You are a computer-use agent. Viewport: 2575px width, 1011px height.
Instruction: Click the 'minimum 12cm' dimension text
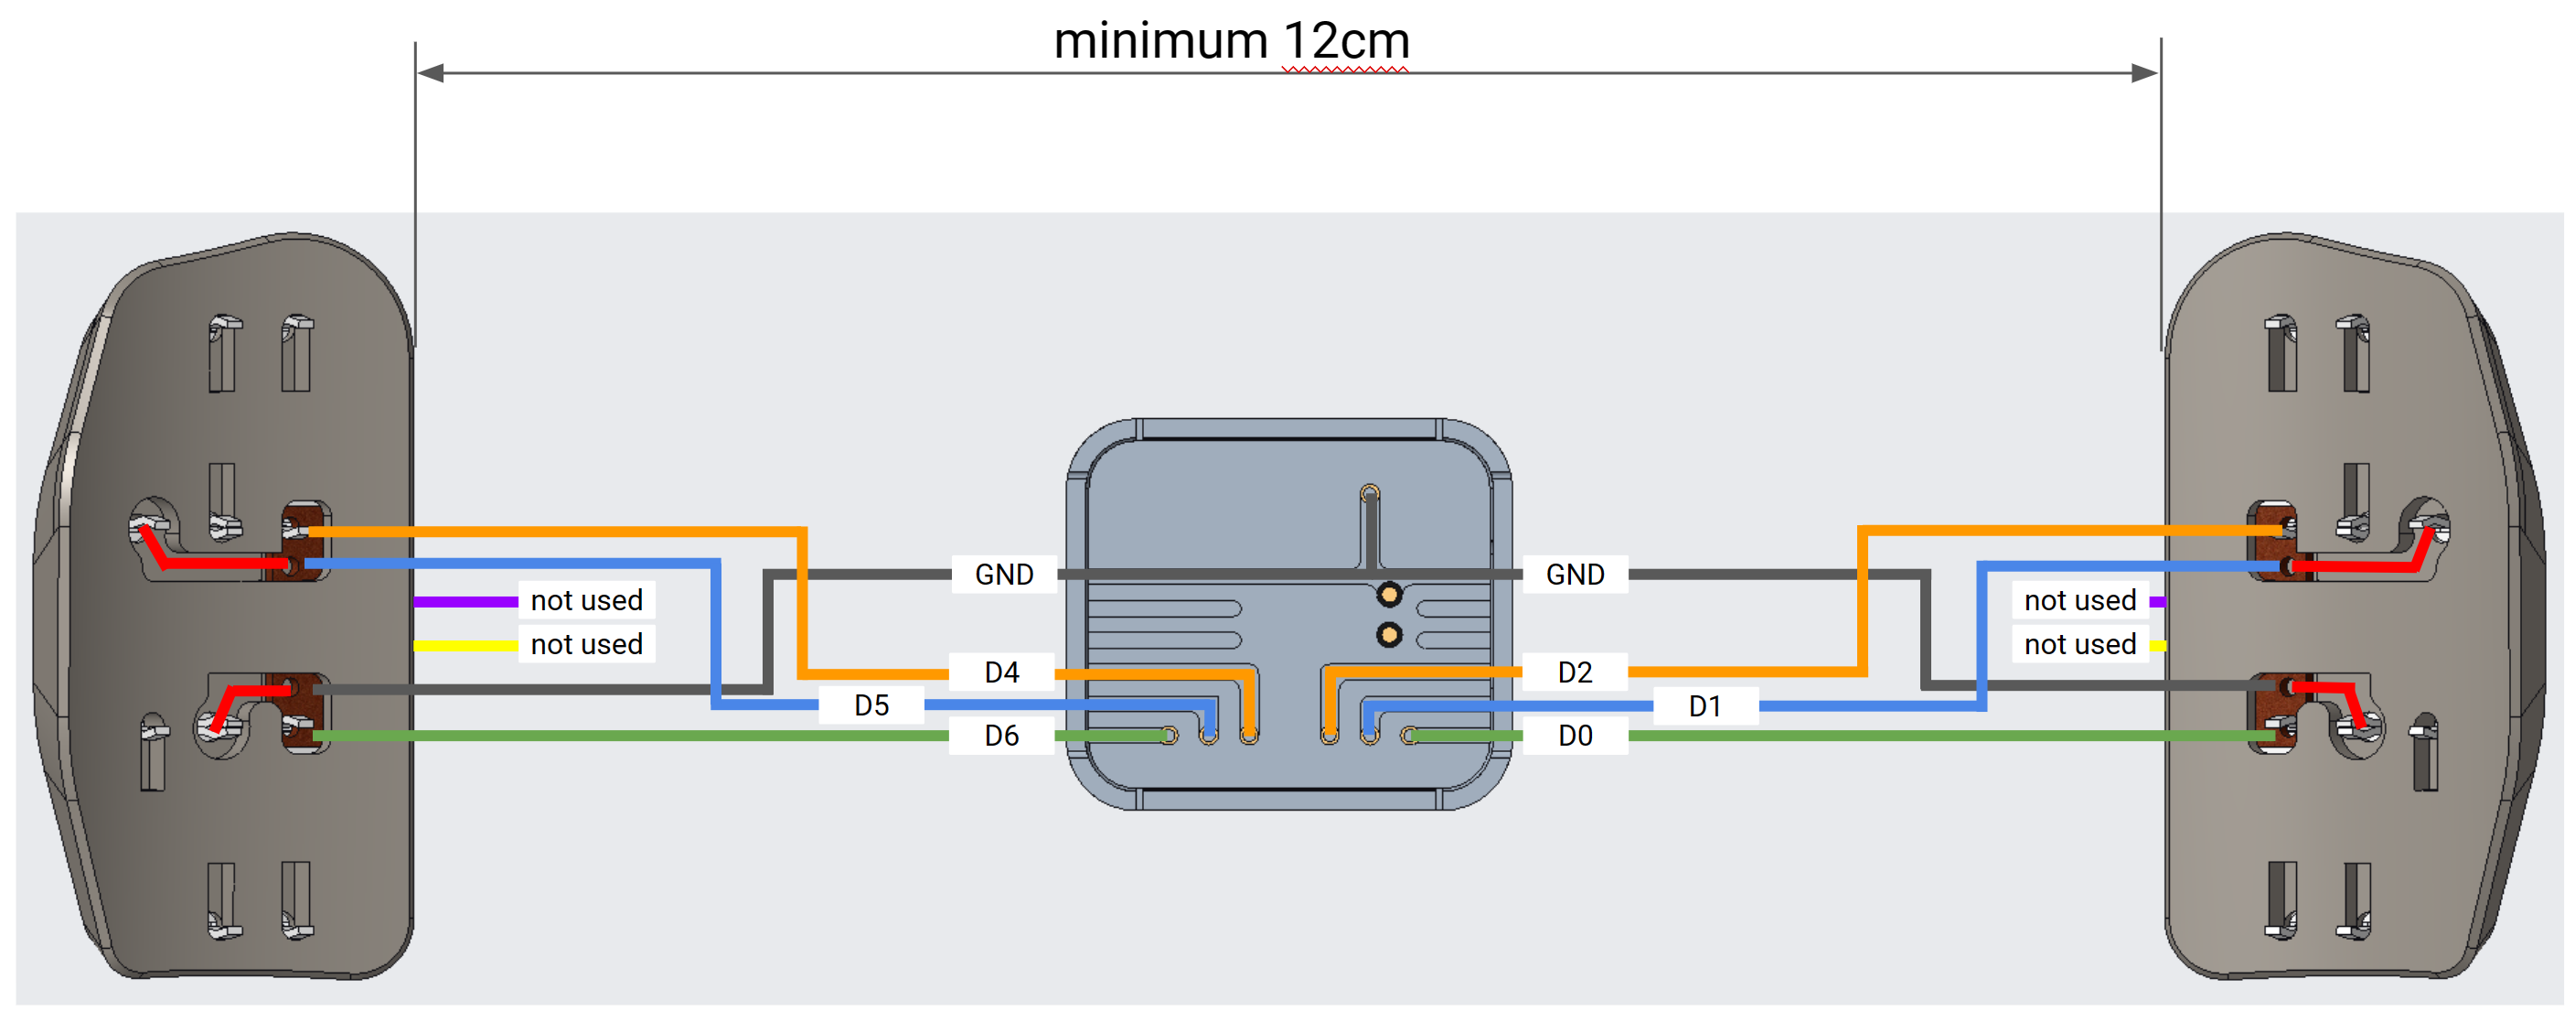click(1232, 42)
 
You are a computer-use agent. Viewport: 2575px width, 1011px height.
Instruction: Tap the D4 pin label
click(1001, 672)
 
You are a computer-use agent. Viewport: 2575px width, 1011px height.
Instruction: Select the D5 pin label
click(871, 706)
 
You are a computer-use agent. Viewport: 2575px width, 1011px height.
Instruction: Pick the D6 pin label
click(1001, 736)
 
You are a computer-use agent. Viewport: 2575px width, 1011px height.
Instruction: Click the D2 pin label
click(1575, 672)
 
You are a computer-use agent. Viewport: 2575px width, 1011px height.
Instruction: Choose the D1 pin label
click(1704, 706)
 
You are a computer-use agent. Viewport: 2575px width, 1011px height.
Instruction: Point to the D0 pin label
click(1575, 736)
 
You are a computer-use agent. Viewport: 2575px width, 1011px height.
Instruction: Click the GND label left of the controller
click(1004, 574)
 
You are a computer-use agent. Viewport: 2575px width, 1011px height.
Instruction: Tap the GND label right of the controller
click(1575, 574)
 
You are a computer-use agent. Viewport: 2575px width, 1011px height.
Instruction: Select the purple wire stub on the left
click(465, 602)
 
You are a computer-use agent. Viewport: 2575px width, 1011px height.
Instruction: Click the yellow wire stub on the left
click(465, 646)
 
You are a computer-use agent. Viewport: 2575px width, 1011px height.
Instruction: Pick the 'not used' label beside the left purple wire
click(587, 600)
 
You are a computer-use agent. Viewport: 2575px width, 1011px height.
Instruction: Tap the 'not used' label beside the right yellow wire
click(2079, 644)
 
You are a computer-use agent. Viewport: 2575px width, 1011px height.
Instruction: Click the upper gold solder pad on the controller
click(1388, 595)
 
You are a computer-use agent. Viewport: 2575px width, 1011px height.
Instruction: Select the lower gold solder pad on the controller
click(1388, 634)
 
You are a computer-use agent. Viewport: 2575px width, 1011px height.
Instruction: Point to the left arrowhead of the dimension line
click(430, 73)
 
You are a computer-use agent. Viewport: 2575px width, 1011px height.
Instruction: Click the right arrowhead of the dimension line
click(2145, 73)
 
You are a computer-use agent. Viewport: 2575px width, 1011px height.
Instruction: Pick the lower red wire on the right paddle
click(2329, 688)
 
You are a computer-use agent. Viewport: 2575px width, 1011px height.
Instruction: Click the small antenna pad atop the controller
click(1370, 492)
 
